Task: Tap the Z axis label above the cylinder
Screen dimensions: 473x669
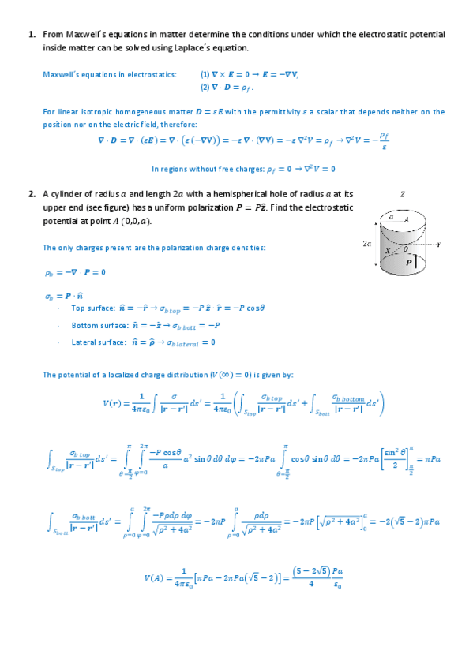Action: tap(403, 194)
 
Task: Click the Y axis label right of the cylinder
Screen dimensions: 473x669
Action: tap(437, 245)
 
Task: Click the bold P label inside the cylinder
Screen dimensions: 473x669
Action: tap(408, 262)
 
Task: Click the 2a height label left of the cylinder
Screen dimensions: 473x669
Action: tap(366, 245)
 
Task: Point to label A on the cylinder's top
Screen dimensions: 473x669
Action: tap(406, 221)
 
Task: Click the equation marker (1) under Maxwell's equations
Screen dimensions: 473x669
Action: tap(205, 74)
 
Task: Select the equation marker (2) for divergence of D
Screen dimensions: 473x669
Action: tap(205, 87)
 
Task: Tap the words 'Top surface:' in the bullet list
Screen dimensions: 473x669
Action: tap(91, 308)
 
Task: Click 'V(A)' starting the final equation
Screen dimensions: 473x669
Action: tap(155, 578)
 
